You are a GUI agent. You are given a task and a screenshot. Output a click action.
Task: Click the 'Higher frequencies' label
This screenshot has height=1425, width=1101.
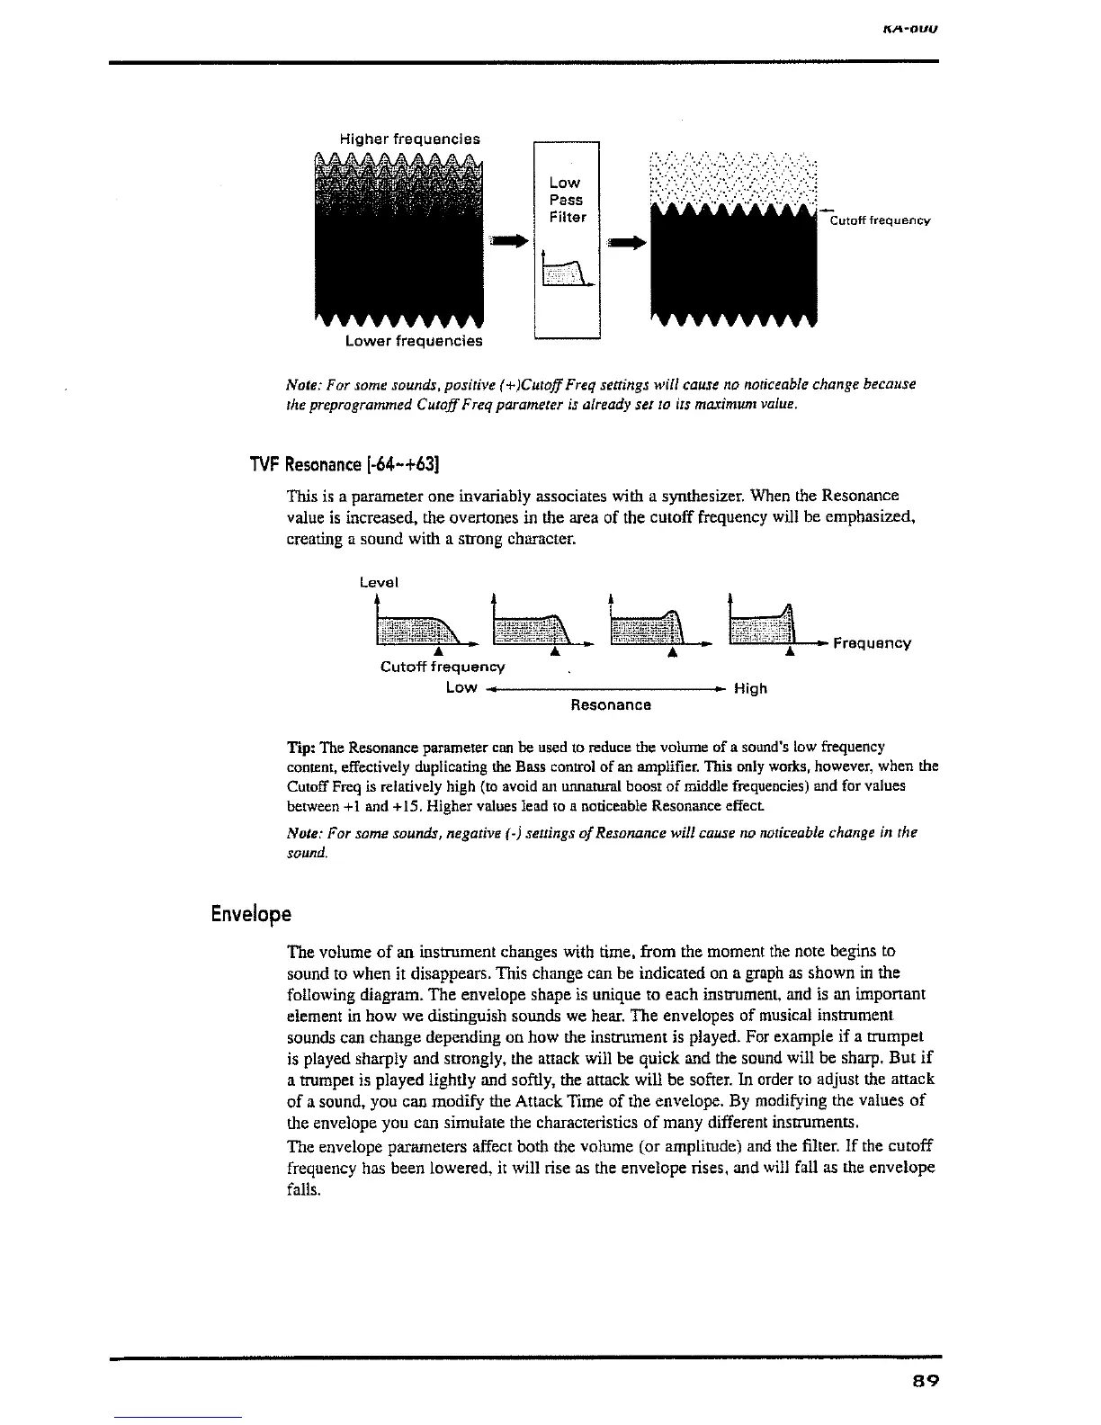coord(409,139)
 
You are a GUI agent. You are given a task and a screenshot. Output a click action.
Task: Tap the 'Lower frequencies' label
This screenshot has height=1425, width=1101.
coord(414,341)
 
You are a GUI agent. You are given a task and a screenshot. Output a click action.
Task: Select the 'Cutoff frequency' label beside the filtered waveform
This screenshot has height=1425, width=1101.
coord(879,220)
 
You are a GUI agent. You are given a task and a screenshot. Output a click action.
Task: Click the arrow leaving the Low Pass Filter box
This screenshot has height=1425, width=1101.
coord(627,242)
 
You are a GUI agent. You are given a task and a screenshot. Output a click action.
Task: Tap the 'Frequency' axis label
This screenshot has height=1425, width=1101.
coord(872,643)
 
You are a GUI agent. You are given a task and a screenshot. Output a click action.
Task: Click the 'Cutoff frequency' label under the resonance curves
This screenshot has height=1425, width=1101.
coord(443,667)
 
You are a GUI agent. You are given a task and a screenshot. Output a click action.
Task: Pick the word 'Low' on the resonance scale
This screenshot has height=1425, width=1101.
coord(461,687)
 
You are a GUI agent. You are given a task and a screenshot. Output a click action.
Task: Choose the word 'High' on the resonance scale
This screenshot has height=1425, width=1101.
coord(750,688)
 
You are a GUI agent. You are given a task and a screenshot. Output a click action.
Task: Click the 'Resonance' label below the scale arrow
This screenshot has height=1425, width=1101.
coord(611,704)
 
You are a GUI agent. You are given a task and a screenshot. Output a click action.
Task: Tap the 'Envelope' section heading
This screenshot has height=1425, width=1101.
coord(251,914)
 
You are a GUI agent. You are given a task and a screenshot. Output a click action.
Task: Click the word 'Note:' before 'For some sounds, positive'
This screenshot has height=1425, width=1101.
coord(301,385)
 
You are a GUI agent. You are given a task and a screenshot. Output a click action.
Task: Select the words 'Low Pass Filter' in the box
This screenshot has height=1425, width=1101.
coord(567,200)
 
